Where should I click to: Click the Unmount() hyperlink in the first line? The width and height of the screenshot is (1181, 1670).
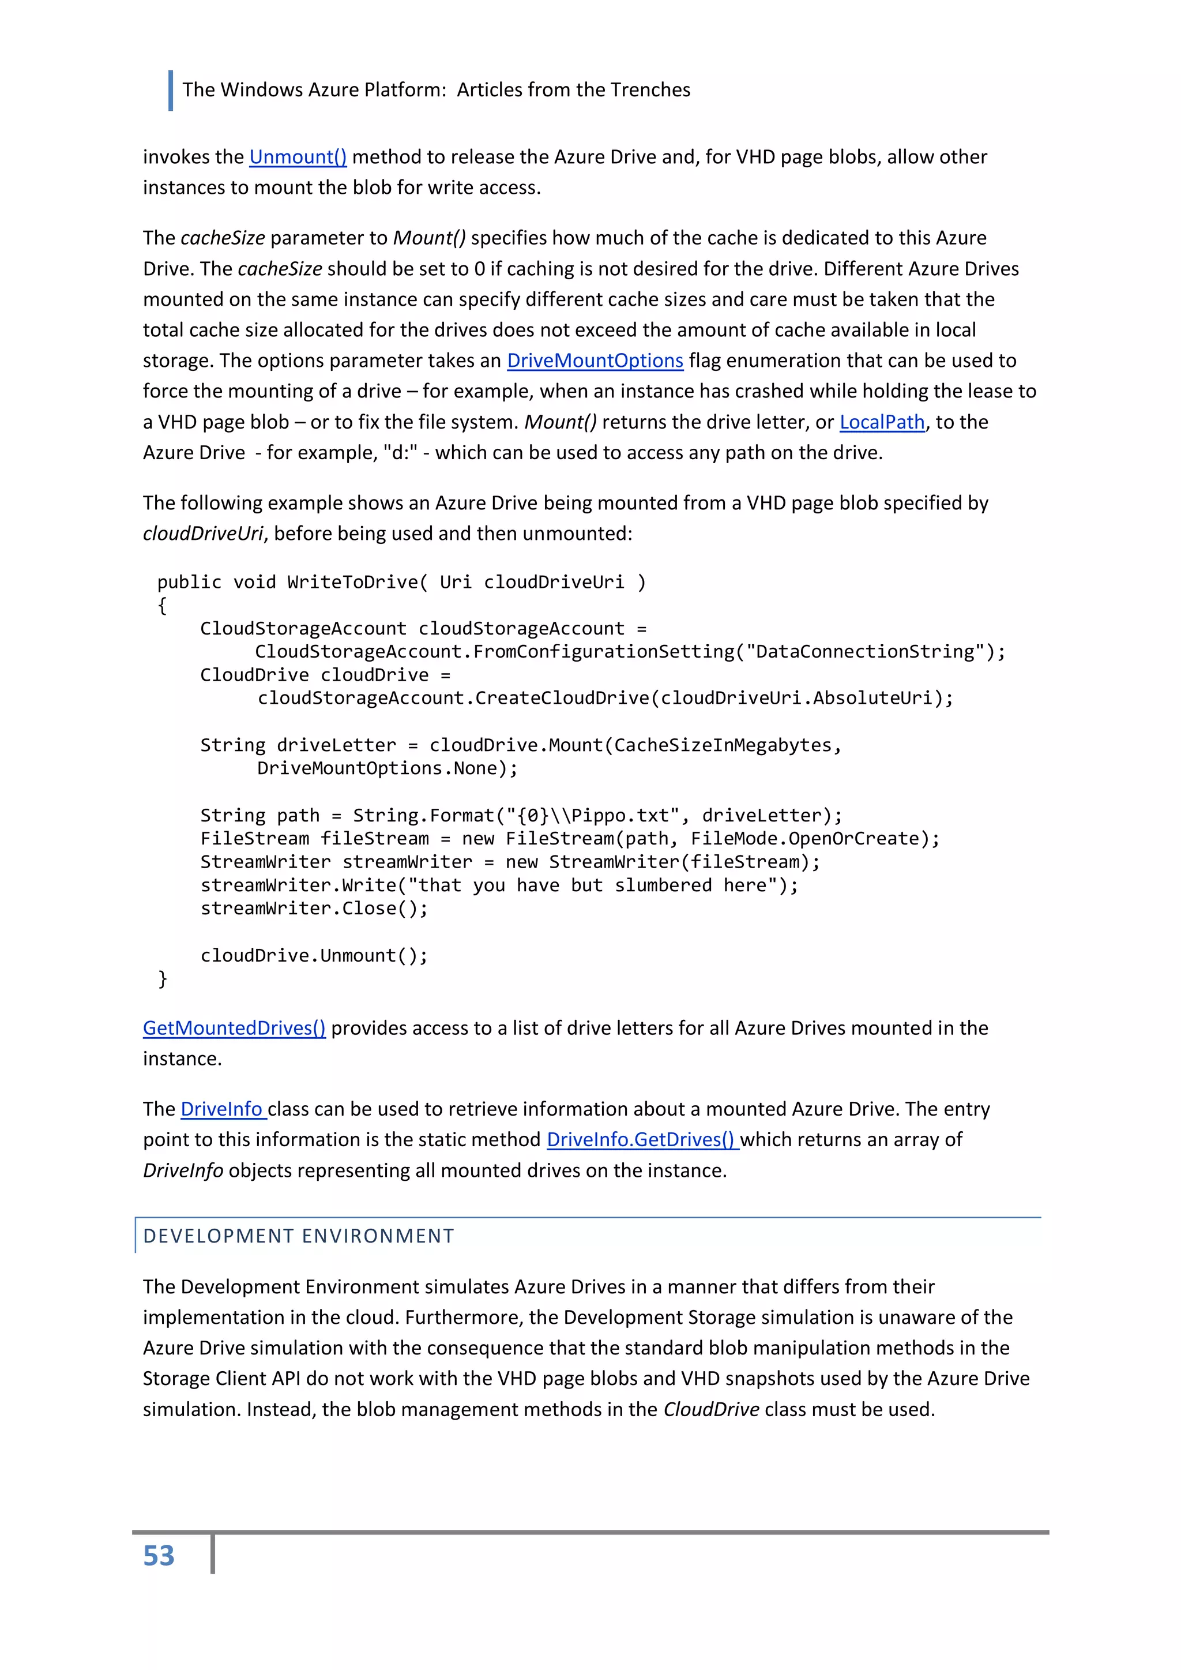(298, 157)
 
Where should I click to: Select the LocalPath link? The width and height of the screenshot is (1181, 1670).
(881, 422)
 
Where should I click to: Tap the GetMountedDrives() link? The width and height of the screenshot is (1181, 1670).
(234, 1028)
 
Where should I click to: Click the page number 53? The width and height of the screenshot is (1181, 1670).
(159, 1556)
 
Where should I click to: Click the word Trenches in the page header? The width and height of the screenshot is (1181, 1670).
(650, 90)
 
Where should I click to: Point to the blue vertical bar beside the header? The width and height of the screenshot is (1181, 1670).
(171, 90)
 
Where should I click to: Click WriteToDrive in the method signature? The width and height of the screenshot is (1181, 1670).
(352, 582)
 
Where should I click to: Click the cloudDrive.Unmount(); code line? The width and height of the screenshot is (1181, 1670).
(314, 955)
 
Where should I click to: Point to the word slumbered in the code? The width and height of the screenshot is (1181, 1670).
(663, 885)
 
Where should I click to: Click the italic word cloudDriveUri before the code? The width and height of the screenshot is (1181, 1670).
(202, 534)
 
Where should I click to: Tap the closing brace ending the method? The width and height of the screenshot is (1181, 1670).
(162, 978)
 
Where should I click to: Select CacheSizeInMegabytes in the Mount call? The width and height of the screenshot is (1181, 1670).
(722, 745)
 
